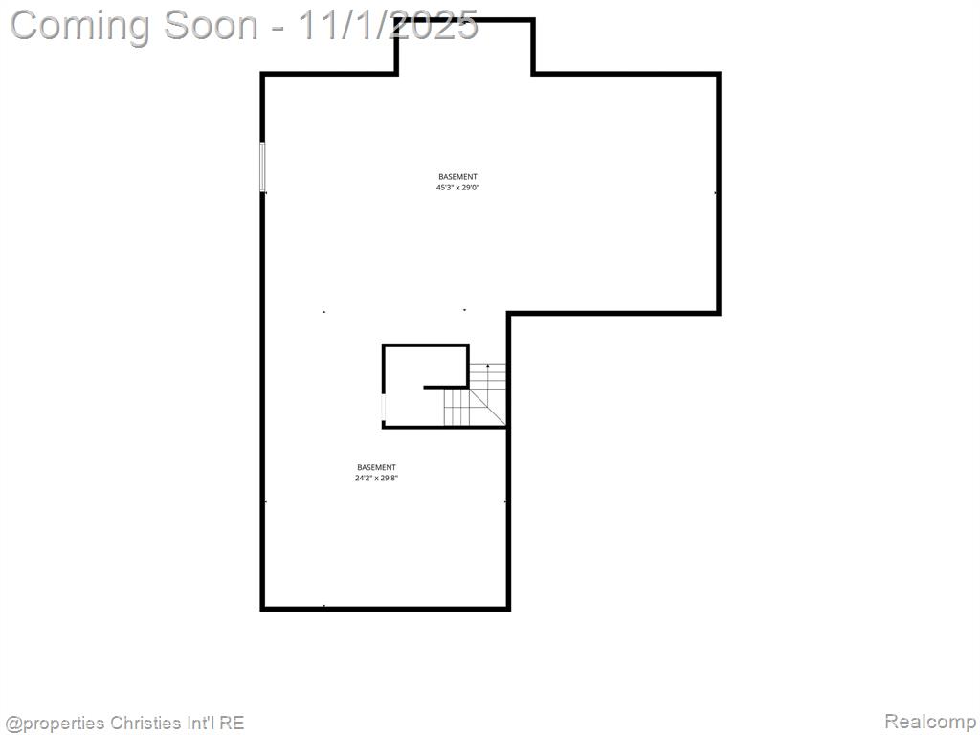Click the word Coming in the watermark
[80, 26]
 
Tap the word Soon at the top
[211, 25]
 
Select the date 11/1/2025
[388, 25]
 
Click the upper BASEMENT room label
[457, 177]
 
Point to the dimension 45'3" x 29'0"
[457, 187]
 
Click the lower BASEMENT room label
[376, 467]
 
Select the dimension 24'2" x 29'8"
[376, 479]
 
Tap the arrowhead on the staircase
[487, 365]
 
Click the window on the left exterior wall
[262, 167]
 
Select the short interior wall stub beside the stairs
[446, 388]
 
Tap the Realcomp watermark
[930, 722]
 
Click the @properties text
[55, 724]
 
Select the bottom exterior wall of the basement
[386, 608]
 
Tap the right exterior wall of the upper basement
[719, 193]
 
